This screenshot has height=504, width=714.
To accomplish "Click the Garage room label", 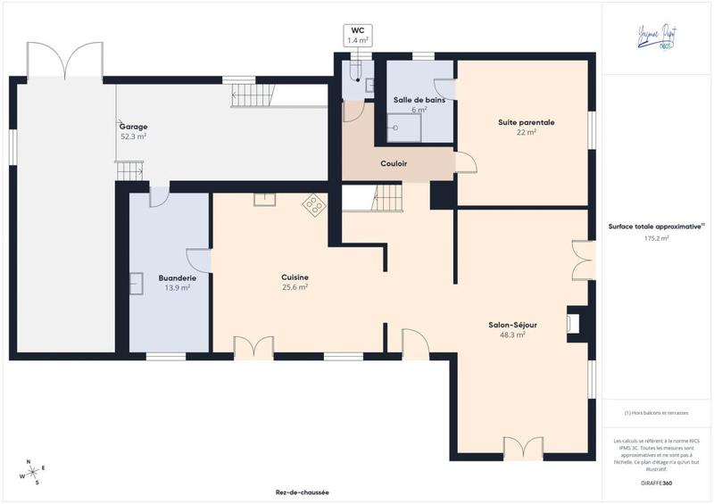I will click(x=134, y=127).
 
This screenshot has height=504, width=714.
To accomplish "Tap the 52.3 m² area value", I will click(x=134, y=136).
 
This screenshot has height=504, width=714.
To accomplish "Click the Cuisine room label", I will click(x=295, y=277).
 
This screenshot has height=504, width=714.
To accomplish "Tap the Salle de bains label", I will click(x=419, y=100).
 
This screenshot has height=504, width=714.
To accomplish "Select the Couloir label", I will click(x=394, y=163).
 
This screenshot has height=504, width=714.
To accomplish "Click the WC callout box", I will click(x=358, y=35).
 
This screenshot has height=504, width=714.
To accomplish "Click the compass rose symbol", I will click(x=33, y=472).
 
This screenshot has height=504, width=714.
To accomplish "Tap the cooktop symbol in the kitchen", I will click(x=314, y=205).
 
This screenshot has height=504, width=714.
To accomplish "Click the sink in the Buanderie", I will click(x=137, y=283).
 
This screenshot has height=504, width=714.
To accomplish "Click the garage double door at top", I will click(x=64, y=60).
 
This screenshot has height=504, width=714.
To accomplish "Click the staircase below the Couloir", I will click(x=386, y=197).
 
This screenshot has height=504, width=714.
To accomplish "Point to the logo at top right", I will click(x=657, y=35).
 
